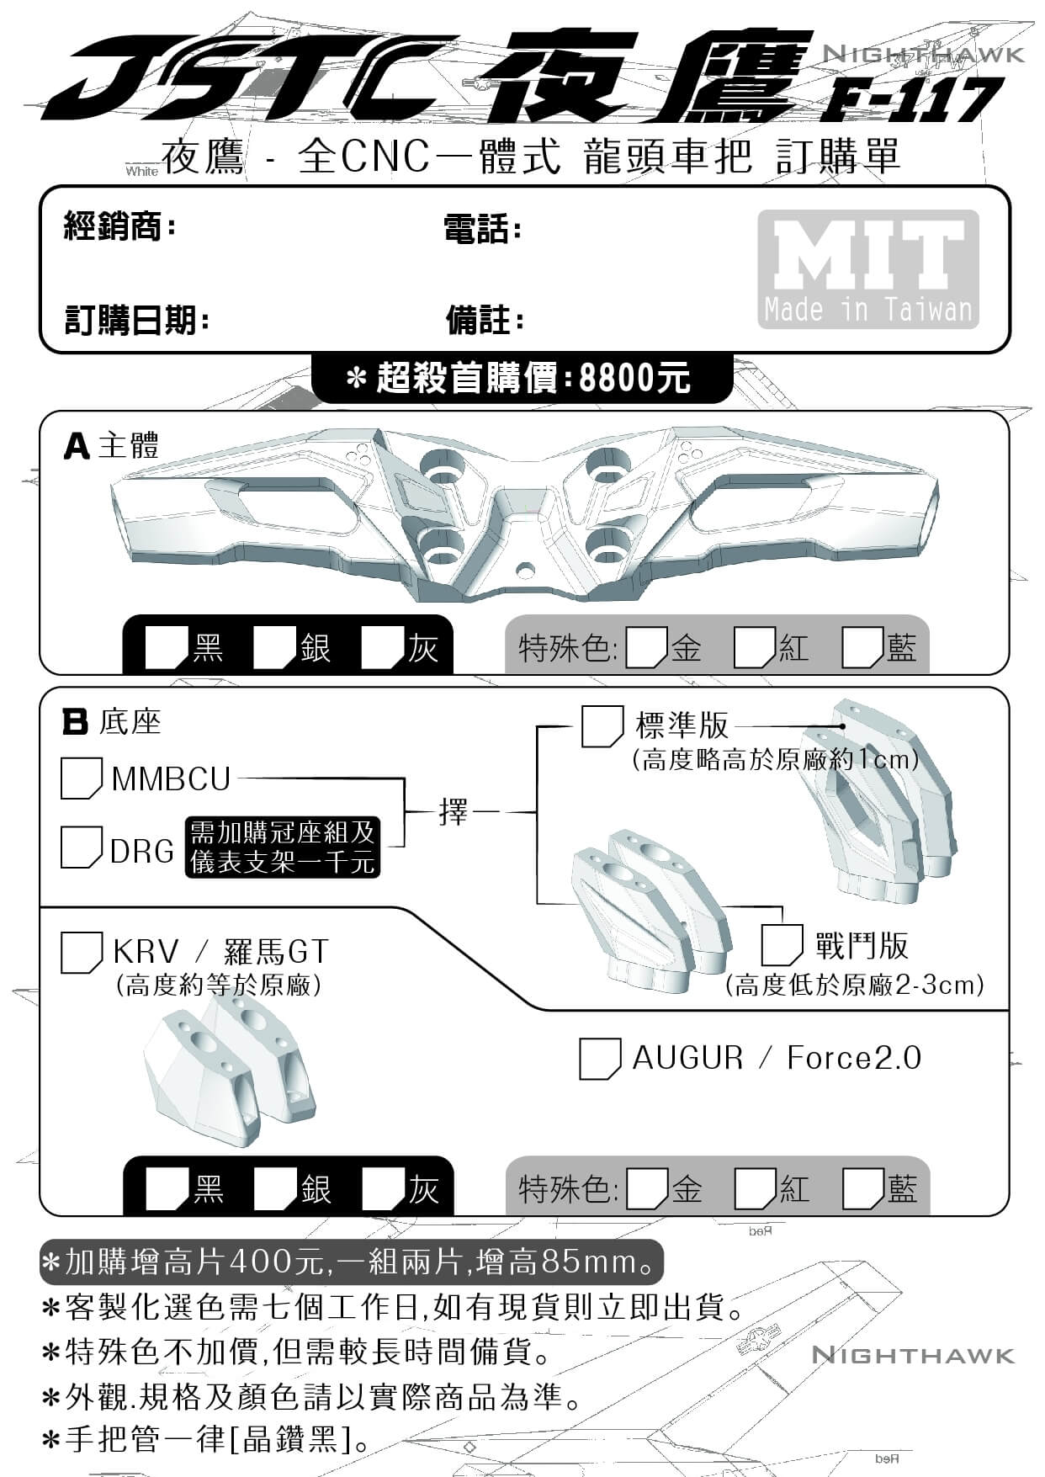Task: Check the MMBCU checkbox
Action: (81, 778)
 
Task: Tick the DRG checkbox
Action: (81, 847)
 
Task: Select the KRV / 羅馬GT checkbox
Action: (82, 952)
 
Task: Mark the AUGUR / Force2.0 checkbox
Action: (600, 1059)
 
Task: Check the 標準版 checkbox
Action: (602, 726)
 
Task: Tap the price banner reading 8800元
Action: (522, 378)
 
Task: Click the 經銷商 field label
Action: (119, 226)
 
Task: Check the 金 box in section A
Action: (647, 648)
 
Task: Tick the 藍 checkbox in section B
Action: (862, 1189)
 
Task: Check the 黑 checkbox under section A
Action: (166, 648)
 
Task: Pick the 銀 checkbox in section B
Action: (273, 1189)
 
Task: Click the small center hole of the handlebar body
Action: (526, 571)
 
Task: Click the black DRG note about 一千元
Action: (282, 847)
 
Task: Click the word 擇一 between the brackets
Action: (454, 812)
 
